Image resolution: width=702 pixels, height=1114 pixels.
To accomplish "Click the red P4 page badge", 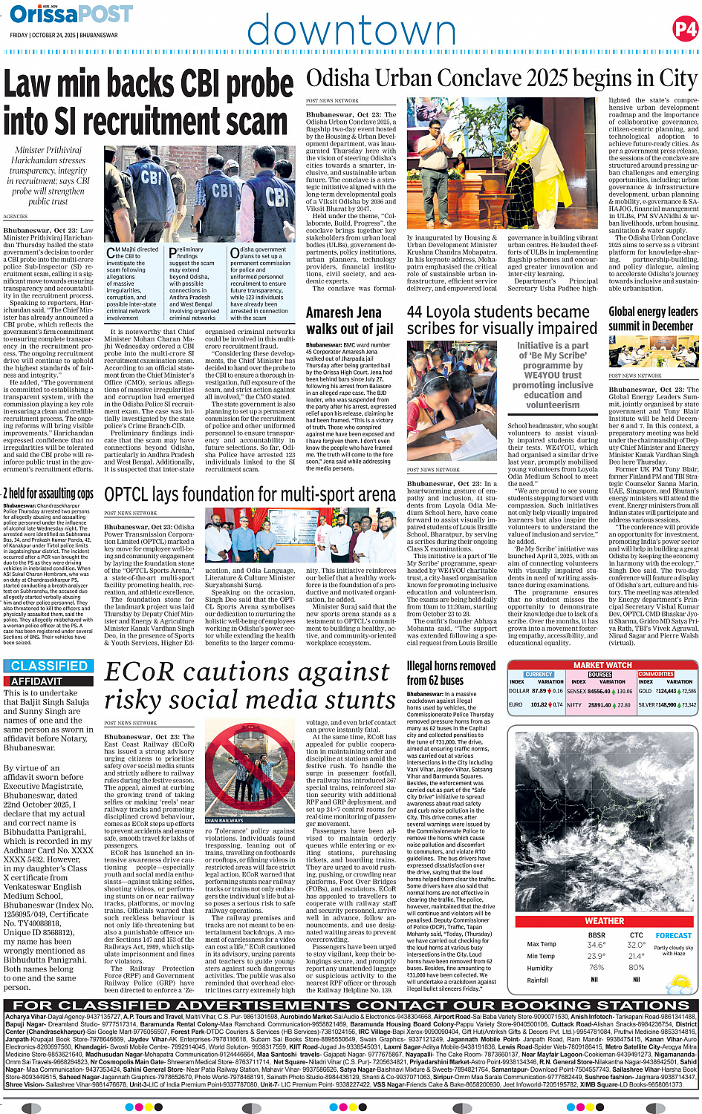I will tap(685, 29).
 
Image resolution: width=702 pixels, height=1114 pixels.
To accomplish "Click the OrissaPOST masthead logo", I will tap(71, 13).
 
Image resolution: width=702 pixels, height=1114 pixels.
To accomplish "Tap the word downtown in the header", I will tap(351, 31).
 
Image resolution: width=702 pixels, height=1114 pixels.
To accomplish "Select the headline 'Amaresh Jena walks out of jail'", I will tap(350, 321).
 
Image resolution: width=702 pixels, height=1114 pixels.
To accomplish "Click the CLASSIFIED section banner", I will tap(49, 666).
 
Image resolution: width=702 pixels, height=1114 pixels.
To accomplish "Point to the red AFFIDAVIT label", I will tap(37, 681).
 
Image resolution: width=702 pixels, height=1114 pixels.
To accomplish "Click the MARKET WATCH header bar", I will tap(602, 665).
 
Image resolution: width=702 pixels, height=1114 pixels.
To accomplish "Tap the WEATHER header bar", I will tap(604, 920).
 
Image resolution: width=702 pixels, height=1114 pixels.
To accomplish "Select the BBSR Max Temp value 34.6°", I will tap(596, 945).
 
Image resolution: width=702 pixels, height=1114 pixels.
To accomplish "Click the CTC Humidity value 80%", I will tap(636, 968).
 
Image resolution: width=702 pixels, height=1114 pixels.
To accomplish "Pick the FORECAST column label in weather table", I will tap(673, 935).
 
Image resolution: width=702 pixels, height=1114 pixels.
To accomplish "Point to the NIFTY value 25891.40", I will tap(599, 705).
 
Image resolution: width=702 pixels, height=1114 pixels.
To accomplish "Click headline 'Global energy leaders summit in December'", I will tap(653, 319).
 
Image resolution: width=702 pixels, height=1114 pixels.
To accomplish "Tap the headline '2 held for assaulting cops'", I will tap(49, 494).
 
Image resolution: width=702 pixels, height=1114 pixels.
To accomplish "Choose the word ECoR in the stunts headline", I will tap(142, 672).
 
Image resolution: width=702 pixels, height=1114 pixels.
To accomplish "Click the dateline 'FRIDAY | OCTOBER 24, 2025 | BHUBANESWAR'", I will tap(64, 35).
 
